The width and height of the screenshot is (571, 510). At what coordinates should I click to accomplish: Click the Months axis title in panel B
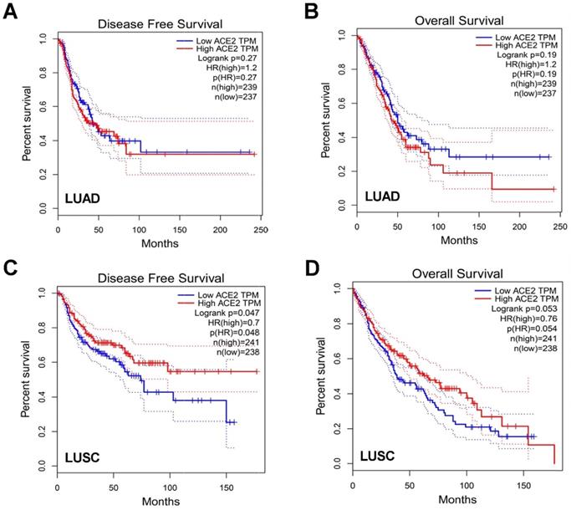[455, 241]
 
